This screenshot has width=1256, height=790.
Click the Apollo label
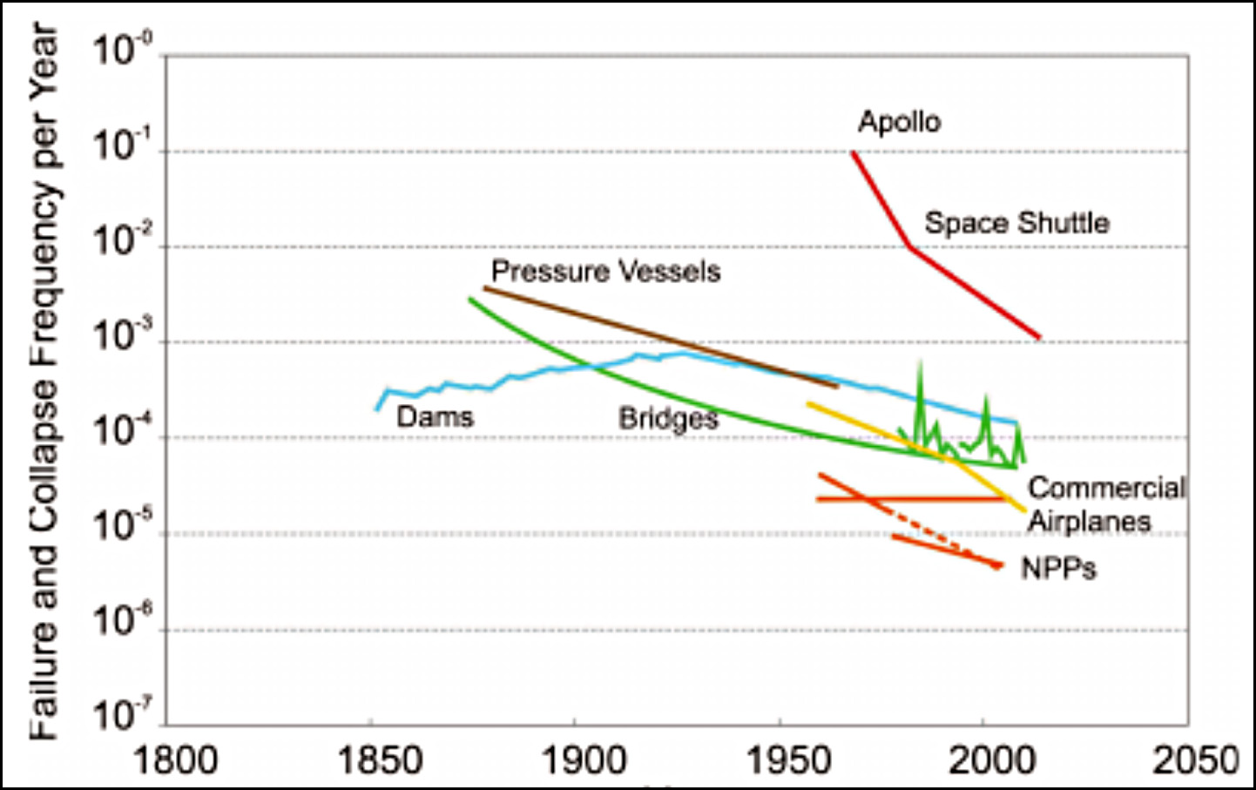900,122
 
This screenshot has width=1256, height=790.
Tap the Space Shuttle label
1016,223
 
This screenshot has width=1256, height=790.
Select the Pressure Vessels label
605,272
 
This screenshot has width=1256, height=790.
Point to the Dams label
435,416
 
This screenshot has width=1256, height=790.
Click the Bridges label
668,419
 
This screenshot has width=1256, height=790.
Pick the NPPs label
1058,569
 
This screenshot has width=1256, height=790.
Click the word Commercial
1106,488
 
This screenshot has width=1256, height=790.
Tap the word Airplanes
1089,522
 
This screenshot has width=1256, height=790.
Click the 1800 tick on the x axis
175,760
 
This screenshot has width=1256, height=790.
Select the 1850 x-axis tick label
379,760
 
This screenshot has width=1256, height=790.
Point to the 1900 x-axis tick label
584,760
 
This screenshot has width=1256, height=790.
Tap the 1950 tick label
788,760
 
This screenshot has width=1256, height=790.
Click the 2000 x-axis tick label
992,760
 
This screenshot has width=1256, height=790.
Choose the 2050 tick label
1196,760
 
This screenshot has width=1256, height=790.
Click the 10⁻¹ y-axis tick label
122,145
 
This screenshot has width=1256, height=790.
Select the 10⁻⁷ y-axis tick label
122,715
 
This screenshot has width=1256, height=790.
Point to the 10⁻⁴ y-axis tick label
122,430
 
